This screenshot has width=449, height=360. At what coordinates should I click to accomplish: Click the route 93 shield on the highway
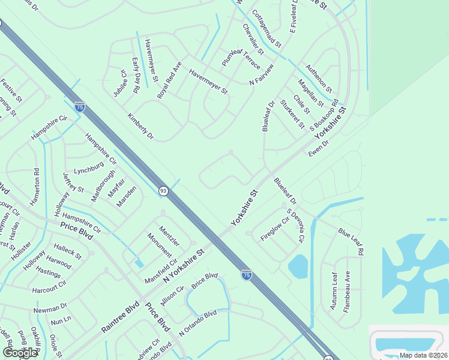click(163, 191)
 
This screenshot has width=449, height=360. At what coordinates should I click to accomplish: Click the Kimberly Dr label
click(140, 125)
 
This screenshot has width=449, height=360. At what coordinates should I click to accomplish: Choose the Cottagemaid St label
click(267, 28)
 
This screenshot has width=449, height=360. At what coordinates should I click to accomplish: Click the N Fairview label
click(261, 81)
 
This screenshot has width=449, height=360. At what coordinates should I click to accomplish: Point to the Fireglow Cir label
click(275, 229)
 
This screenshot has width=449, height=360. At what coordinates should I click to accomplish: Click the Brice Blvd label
click(204, 280)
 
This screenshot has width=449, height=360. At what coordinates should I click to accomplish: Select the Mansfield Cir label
click(160, 271)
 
